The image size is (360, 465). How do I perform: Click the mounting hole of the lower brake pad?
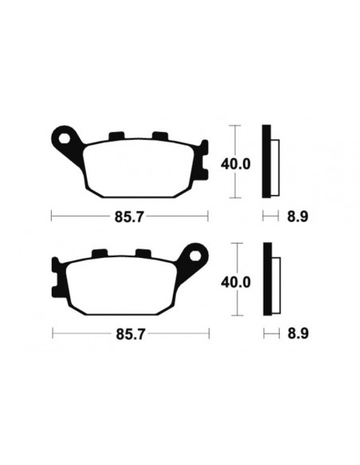click(x=194, y=256)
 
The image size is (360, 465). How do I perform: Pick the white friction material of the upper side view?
click(x=275, y=162)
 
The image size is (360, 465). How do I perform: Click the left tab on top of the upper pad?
click(x=116, y=135)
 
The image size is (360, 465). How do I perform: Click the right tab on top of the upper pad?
click(x=160, y=135)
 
